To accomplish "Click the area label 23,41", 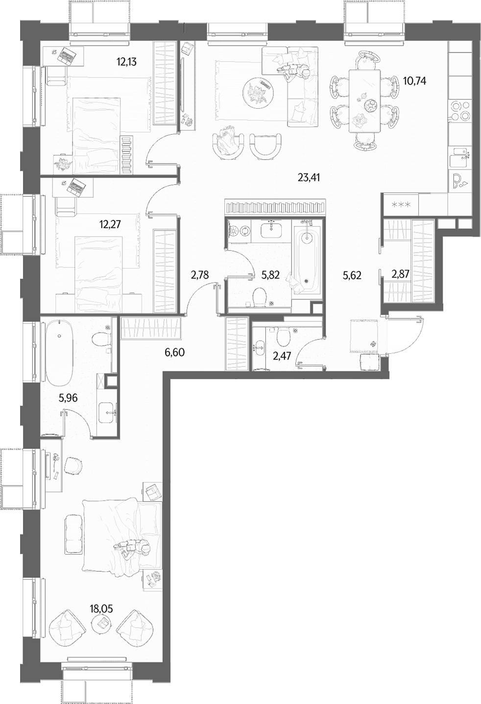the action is click(x=309, y=178).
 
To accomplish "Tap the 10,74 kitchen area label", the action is click(x=415, y=81).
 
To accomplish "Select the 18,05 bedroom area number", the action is click(x=101, y=609).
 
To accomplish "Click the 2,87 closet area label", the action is click(x=401, y=274).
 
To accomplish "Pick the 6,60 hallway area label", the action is click(x=174, y=352).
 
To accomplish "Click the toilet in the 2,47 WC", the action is click(x=283, y=336).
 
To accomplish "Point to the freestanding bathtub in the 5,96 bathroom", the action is click(x=59, y=352).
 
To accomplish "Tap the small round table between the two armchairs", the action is click(x=101, y=624).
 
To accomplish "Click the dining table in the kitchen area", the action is click(x=364, y=100).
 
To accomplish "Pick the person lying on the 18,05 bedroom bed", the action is click(x=132, y=548).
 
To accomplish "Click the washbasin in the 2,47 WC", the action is click(x=259, y=348).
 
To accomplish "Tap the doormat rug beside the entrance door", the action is click(x=364, y=335).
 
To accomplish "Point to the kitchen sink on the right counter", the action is click(x=459, y=157).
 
